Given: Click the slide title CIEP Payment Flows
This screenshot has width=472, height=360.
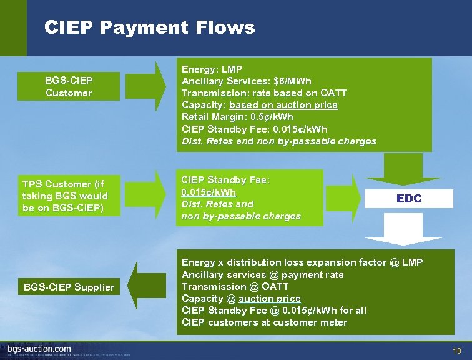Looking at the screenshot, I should pyautogui.click(x=150, y=27).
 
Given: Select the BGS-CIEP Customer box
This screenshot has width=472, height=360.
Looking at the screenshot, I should pyautogui.click(x=68, y=87).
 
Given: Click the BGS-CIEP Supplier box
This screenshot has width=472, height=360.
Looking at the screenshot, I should pyautogui.click(x=69, y=287).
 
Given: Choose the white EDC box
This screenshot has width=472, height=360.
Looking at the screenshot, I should pyautogui.click(x=409, y=198).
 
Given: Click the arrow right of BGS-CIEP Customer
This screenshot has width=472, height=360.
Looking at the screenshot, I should pyautogui.click(x=142, y=86).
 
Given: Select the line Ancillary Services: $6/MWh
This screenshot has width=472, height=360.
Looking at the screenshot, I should pyautogui.click(x=246, y=81).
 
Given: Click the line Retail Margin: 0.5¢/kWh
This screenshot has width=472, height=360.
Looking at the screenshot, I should pyautogui.click(x=237, y=117).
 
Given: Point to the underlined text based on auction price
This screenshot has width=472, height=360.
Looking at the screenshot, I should pyautogui.click(x=283, y=105).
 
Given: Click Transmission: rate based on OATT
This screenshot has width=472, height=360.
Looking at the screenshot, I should pyautogui.click(x=263, y=93).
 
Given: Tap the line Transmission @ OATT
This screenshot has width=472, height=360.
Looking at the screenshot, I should pyautogui.click(x=234, y=287).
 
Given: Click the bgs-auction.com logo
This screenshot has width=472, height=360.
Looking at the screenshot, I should pyautogui.click(x=39, y=349).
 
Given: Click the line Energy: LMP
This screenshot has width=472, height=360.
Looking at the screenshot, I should pyautogui.click(x=212, y=69).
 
